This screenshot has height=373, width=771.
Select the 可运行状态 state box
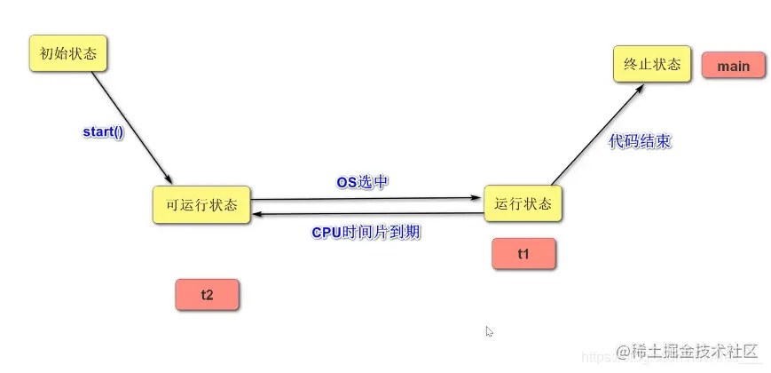point(201,204)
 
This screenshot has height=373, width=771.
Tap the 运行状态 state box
point(523,203)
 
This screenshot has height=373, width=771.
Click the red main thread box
point(733,67)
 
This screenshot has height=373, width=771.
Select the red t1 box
point(523,254)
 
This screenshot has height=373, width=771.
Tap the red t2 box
point(207,295)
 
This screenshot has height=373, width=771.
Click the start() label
point(104,131)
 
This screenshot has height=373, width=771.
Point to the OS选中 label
point(362,181)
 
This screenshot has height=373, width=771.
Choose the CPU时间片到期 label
point(366,233)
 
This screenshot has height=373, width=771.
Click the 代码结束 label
point(640,141)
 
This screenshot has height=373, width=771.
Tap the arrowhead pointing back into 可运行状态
point(257,214)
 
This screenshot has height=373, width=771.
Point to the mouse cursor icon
point(489,331)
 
